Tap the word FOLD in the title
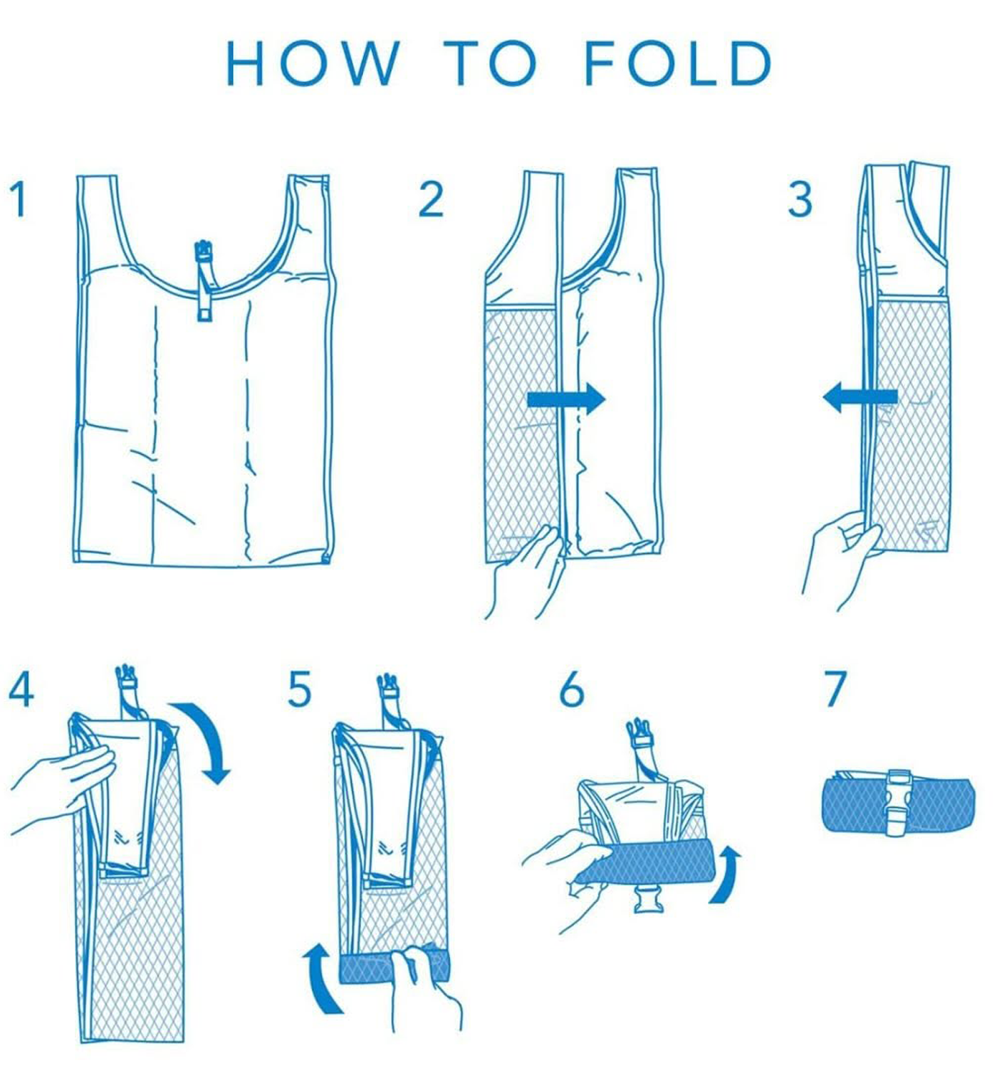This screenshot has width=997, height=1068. click(x=678, y=63)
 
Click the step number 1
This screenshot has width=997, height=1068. click(x=19, y=199)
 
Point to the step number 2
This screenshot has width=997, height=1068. click(x=432, y=199)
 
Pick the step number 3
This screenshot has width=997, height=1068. click(x=800, y=199)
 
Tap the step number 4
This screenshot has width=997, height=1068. click(x=21, y=689)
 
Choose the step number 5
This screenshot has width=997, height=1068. click(x=299, y=690)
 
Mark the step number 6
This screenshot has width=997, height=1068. click(x=571, y=690)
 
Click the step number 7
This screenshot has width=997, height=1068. click(x=835, y=689)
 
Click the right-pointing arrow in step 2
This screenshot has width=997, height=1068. click(x=566, y=399)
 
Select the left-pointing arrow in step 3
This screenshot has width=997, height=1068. click(x=860, y=397)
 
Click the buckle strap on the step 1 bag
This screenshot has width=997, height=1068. click(x=204, y=281)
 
